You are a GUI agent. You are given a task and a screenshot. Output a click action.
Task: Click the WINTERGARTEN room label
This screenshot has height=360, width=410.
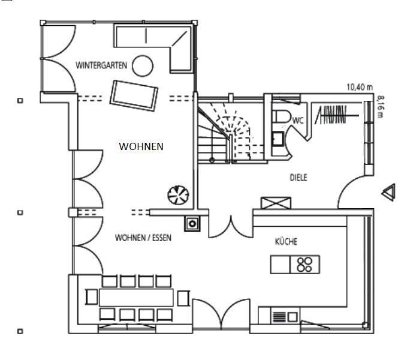(x=101, y=65)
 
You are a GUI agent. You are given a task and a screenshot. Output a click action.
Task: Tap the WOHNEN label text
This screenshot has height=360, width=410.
(x=141, y=146)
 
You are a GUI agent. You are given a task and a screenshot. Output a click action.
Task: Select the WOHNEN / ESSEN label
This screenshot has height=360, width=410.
(x=143, y=238)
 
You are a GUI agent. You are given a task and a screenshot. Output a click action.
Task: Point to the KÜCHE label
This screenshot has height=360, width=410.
(x=286, y=241)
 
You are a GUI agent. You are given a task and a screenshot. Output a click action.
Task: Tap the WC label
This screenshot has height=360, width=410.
(x=298, y=121)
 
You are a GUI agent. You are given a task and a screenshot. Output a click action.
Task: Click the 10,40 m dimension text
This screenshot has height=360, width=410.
(x=359, y=87)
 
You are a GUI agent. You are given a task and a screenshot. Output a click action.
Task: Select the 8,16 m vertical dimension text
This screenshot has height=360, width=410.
(x=381, y=108)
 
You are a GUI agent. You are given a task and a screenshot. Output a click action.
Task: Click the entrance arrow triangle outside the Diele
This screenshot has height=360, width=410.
(x=388, y=192)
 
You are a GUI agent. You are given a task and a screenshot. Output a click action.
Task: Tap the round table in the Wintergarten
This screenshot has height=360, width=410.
(x=143, y=66)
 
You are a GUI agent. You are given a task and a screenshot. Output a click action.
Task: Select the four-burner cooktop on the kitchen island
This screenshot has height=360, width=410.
(x=305, y=264)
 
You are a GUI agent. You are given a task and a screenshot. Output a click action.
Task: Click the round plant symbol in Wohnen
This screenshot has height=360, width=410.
(x=178, y=194)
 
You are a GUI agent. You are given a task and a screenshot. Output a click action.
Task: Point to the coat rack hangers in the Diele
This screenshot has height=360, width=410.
(x=331, y=114)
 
